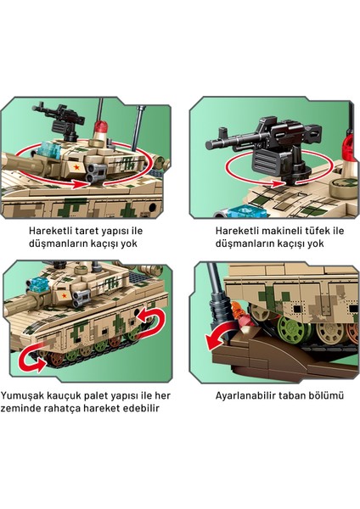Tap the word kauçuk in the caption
64,396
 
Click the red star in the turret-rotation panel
76,167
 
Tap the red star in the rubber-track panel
65,295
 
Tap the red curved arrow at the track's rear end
153,319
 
